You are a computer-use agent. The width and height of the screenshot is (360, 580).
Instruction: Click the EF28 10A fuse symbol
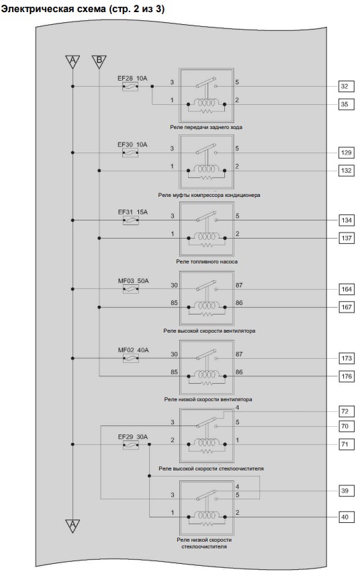(130, 87)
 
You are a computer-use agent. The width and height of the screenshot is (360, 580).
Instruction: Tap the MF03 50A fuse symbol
(131, 289)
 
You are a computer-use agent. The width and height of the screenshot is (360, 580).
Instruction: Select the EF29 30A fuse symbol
(131, 444)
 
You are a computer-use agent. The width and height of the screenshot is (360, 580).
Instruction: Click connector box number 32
(346, 87)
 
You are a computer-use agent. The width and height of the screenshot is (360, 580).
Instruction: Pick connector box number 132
(346, 171)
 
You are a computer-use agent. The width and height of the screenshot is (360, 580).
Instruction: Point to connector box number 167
(347, 307)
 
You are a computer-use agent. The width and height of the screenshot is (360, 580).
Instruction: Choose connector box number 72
(347, 411)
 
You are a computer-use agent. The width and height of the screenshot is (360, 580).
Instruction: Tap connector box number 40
(347, 517)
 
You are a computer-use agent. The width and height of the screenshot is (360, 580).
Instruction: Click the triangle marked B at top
(99, 61)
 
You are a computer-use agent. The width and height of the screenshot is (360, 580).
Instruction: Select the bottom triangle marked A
(73, 525)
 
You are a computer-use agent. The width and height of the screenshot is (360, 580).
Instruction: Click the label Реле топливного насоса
(207, 262)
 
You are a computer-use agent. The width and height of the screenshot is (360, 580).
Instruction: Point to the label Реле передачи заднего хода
(206, 127)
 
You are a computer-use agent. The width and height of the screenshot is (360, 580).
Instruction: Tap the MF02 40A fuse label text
(133, 350)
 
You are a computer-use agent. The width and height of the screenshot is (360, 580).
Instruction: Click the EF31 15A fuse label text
(133, 212)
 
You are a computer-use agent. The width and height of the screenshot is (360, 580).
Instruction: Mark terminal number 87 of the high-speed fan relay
(239, 285)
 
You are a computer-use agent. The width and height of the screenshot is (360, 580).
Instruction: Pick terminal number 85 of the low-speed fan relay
(174, 372)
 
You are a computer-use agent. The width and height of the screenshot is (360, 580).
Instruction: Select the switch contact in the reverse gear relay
(206, 83)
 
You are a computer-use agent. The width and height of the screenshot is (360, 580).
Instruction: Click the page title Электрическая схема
(53, 9)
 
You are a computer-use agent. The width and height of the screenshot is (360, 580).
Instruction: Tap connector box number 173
(347, 358)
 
